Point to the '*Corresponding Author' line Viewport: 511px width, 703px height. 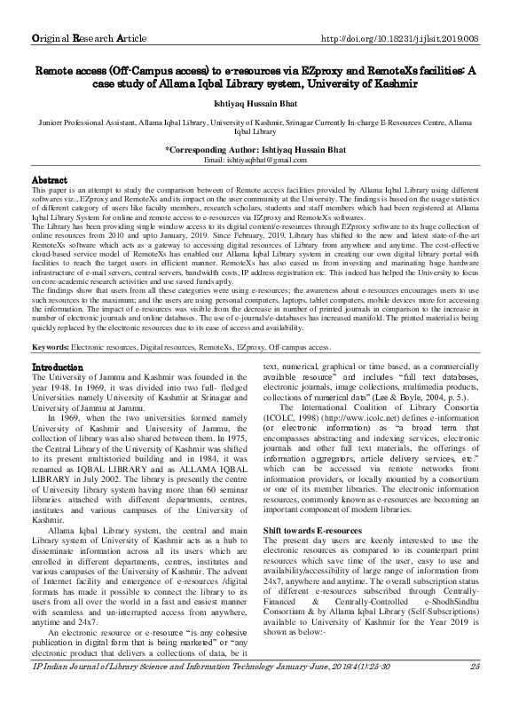pos(255,149)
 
